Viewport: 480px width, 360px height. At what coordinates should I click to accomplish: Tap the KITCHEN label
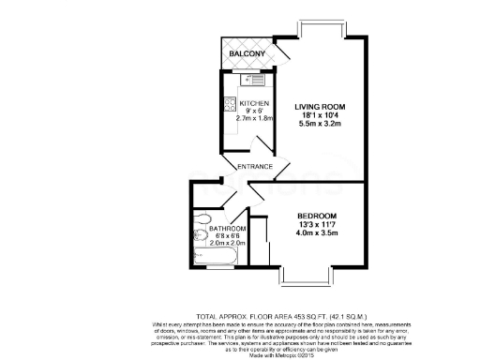pyautogui.click(x=254, y=103)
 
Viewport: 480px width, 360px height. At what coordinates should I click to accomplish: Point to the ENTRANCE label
pyautogui.click(x=254, y=167)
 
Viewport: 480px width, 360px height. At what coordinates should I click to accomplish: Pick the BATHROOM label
pyautogui.click(x=228, y=229)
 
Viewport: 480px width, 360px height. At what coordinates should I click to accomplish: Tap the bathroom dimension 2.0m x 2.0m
pyautogui.click(x=227, y=244)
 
